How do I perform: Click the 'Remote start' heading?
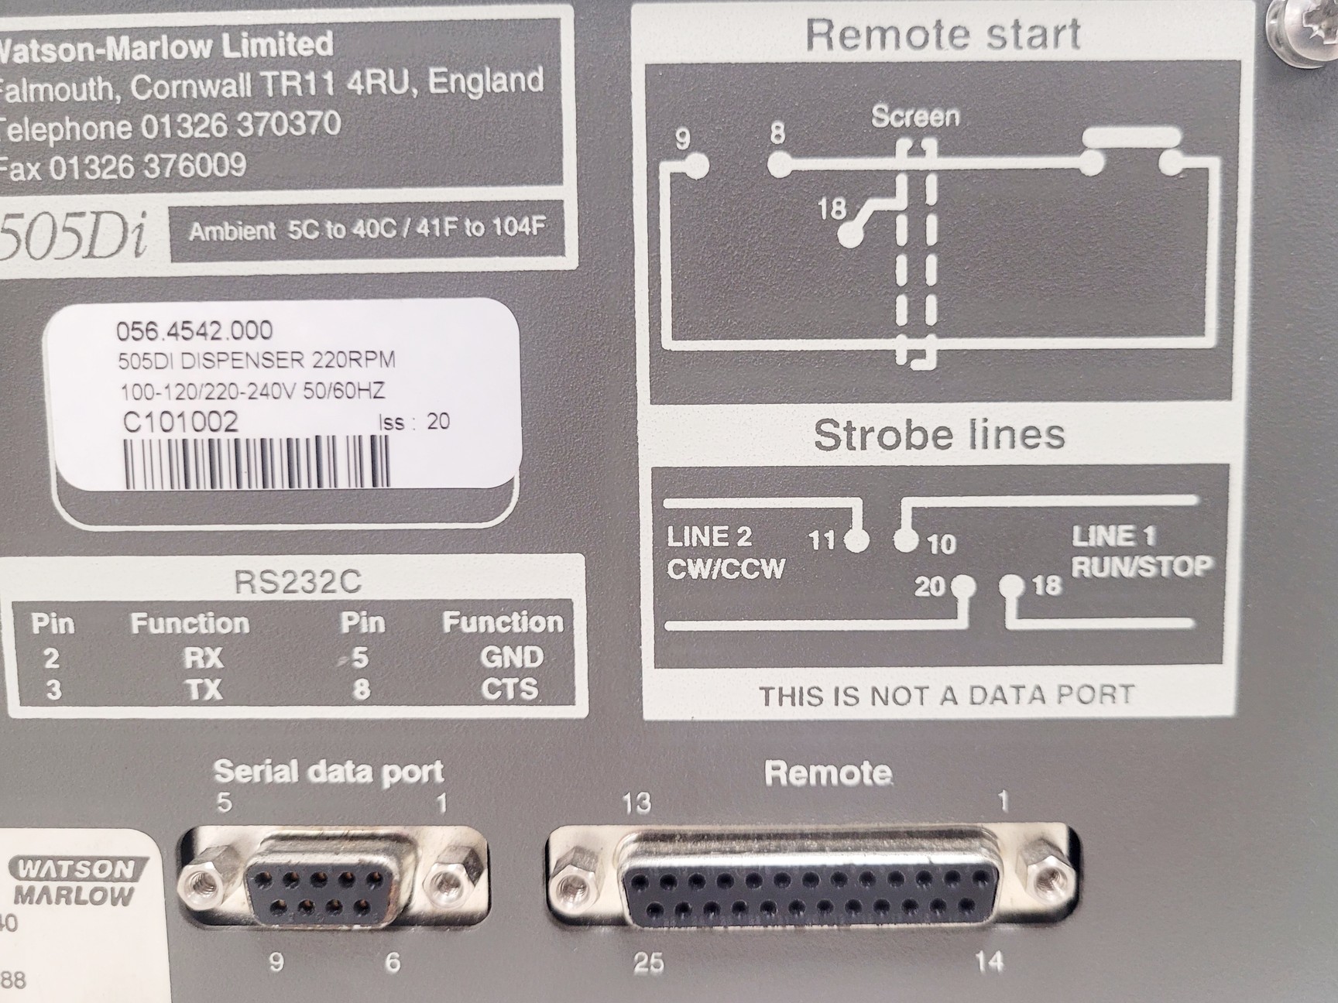[942, 35]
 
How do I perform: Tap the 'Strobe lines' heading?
[939, 434]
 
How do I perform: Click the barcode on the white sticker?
[256, 462]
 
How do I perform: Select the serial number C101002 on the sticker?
[180, 422]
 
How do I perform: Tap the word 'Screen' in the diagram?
[915, 117]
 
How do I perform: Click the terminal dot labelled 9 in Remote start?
[697, 165]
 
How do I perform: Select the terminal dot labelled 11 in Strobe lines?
[856, 539]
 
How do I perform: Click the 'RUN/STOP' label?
[1141, 567]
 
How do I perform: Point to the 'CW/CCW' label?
[726, 569]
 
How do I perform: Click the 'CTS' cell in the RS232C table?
[509, 689]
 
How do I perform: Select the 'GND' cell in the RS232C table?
[512, 657]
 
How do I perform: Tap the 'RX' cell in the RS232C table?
[203, 658]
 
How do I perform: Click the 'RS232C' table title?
[297, 582]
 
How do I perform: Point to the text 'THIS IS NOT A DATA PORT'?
[946, 696]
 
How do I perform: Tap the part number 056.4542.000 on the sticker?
[194, 331]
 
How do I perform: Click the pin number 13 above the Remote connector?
[636, 803]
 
